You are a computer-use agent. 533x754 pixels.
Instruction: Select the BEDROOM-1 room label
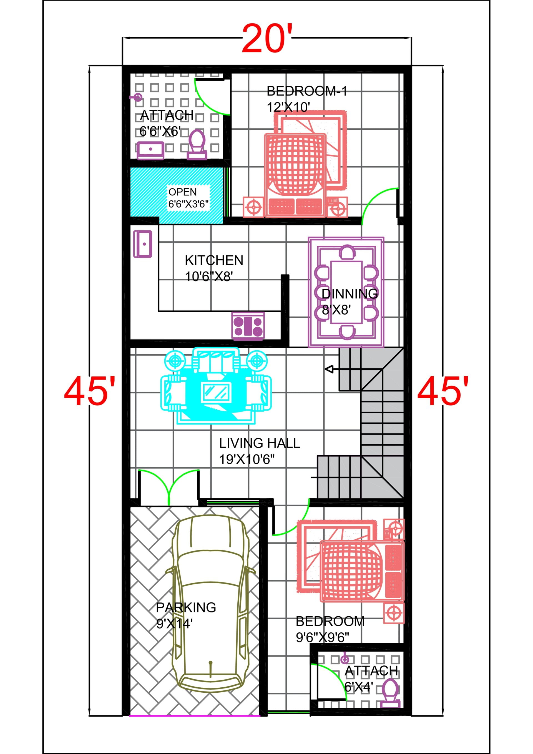pos(307,91)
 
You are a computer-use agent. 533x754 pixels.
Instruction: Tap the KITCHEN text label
pos(214,260)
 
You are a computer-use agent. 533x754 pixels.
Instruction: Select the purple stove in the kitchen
pos(248,325)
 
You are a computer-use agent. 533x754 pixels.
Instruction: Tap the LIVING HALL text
pos(260,443)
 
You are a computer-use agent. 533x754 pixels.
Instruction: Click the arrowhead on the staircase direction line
pos(329,369)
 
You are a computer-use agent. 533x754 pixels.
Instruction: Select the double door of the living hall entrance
pos(169,486)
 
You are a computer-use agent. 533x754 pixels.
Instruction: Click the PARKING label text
pos(186,607)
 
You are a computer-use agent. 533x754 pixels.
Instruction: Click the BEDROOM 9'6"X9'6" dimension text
pos(322,638)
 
